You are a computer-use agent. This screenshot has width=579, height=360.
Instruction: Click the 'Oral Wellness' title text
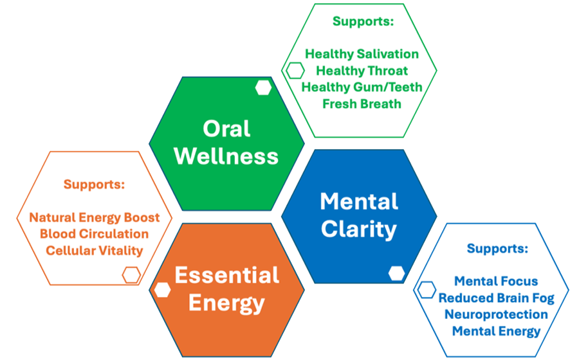[226, 142]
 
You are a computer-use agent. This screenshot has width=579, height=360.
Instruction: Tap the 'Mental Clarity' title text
[358, 215]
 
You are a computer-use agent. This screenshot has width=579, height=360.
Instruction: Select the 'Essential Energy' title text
[227, 289]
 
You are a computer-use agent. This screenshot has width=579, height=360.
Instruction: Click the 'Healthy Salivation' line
[362, 54]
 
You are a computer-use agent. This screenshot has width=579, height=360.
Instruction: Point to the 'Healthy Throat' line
[362, 70]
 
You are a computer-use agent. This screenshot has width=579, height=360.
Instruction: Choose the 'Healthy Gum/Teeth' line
[362, 87]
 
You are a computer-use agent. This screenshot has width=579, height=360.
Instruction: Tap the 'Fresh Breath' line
[362, 104]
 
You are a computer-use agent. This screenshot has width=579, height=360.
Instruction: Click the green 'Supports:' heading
[362, 21]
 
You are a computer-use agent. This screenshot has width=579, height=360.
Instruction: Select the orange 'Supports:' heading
[94, 184]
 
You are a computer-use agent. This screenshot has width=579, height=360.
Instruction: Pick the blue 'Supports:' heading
[497, 248]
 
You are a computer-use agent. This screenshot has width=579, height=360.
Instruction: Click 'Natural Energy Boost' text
[94, 217]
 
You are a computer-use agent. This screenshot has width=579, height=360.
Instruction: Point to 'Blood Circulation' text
[94, 234]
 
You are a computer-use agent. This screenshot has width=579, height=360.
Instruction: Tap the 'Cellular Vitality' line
[94, 251]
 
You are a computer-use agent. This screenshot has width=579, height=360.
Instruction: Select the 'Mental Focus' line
[496, 281]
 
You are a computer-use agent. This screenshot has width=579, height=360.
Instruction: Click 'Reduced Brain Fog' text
[496, 298]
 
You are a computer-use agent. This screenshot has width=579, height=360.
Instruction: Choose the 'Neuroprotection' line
[496, 314]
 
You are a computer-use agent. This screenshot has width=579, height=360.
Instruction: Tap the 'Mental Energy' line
[496, 331]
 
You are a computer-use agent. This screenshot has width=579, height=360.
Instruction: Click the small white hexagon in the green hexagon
[263, 88]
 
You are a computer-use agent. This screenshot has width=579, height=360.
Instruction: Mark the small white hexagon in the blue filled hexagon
[396, 273]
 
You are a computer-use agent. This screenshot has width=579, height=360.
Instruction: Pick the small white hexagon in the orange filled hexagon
[162, 289]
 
